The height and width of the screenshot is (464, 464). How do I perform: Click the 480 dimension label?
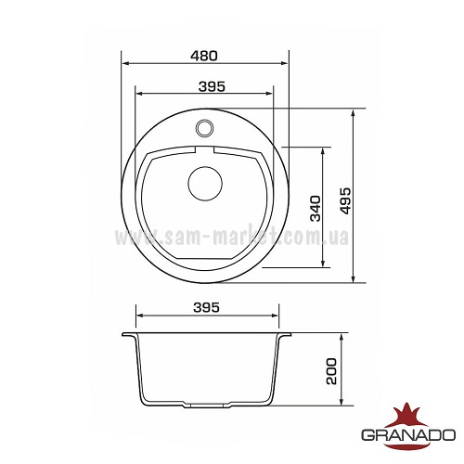(x=204, y=56)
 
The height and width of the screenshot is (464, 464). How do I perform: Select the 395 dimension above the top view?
(x=212, y=86)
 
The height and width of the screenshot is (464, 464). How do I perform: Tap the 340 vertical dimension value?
(x=316, y=208)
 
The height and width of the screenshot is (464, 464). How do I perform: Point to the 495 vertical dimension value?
(x=345, y=200)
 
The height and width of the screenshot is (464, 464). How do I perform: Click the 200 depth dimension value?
(x=331, y=371)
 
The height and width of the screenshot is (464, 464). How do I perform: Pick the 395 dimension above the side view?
(x=206, y=307)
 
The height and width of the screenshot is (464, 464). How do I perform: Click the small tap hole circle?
(x=204, y=127)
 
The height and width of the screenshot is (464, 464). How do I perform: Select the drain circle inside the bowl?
(x=205, y=184)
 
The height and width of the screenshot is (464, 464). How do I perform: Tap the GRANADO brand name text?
(x=408, y=435)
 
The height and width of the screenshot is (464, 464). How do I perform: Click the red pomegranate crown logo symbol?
(x=407, y=416)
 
